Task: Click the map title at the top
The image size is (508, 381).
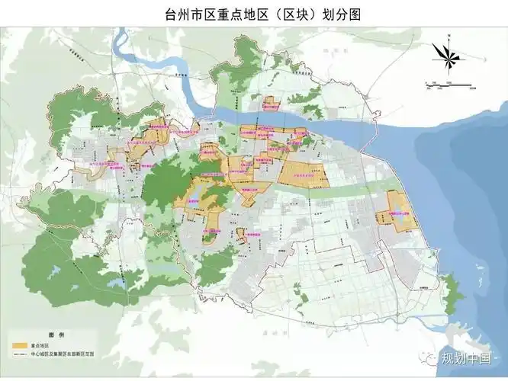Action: click(254, 13)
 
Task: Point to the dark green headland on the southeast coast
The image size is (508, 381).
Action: click(454, 290)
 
